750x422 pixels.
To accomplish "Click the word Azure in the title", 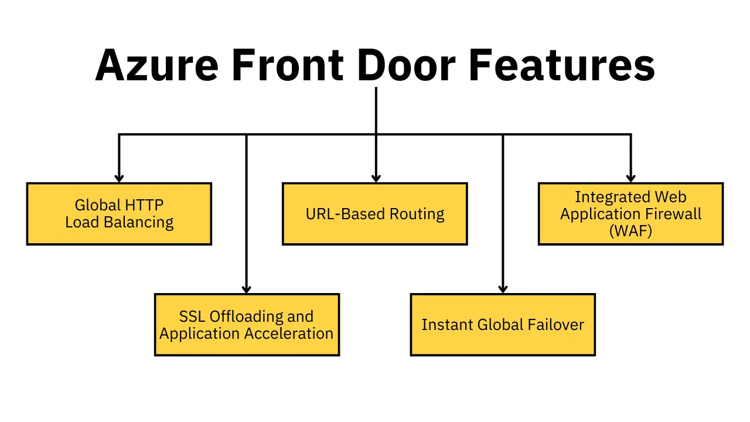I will tap(157, 64).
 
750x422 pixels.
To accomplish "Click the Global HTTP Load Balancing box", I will tap(119, 214).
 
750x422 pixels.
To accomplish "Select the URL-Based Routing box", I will tap(375, 214).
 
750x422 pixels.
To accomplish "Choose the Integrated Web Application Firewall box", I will tap(630, 214).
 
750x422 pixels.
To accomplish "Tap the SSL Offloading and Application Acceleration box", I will tap(247, 325).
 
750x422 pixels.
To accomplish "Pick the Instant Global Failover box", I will tap(503, 325).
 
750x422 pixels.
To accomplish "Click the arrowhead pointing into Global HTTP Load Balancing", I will tap(119, 178).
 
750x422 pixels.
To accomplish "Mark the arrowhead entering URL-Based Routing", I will tap(376, 178).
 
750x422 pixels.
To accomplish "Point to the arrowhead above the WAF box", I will tap(630, 178).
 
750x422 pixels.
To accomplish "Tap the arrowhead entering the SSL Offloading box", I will tap(247, 288).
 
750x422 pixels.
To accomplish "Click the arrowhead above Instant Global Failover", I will tap(503, 288).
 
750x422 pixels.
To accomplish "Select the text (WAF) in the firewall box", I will tap(630, 231).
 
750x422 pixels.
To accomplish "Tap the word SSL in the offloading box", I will tap(192, 316).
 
